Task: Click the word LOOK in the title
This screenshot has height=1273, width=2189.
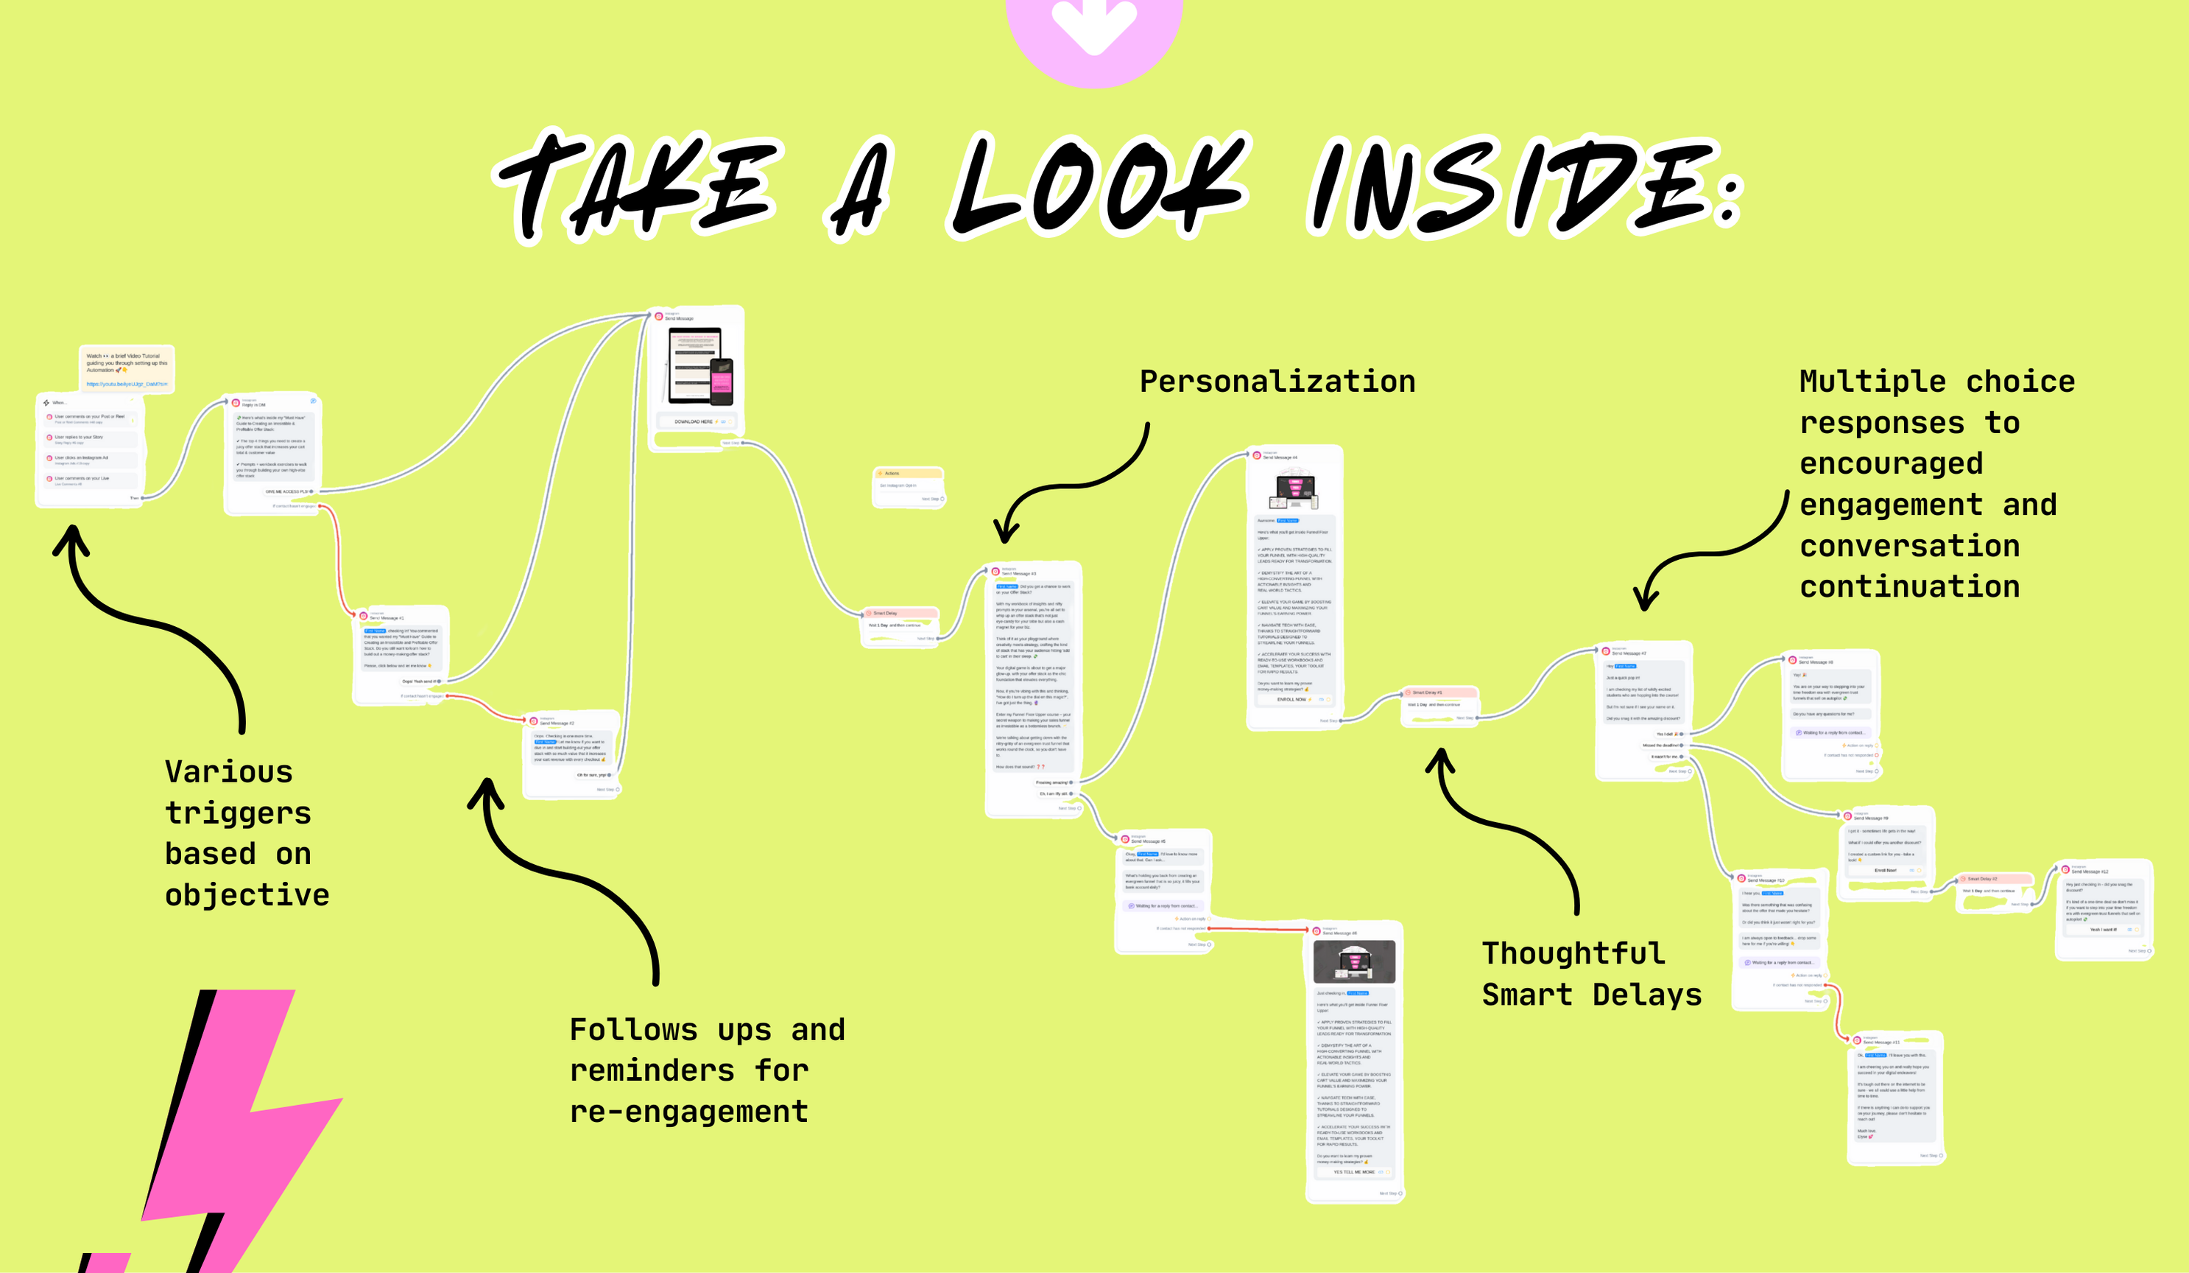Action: pyautogui.click(x=1099, y=187)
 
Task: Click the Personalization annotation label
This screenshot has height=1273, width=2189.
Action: pyautogui.click(x=1277, y=382)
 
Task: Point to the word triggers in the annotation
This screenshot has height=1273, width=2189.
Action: pyautogui.click(x=238, y=813)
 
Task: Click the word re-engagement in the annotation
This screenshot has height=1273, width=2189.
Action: pyautogui.click(x=689, y=1112)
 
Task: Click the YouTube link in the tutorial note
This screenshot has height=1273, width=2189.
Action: pyautogui.click(x=127, y=383)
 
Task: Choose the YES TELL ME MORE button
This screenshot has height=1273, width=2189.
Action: pyautogui.click(x=1354, y=1172)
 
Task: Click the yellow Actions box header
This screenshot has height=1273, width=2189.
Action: pyautogui.click(x=908, y=474)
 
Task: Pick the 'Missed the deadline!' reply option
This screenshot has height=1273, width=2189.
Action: pyautogui.click(x=1662, y=746)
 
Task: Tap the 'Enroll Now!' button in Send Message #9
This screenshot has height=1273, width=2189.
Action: pyautogui.click(x=1886, y=870)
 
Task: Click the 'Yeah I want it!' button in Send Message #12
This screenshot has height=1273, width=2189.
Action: pyautogui.click(x=2103, y=930)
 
